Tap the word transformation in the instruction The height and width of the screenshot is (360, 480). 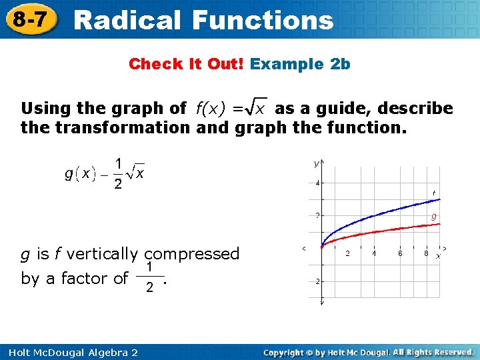click(x=125, y=127)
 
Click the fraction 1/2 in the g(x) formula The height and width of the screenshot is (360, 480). click(x=118, y=173)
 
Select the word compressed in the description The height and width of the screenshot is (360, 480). click(x=192, y=254)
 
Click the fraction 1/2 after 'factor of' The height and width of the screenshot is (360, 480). click(x=151, y=277)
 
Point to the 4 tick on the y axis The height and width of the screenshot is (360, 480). click(x=318, y=183)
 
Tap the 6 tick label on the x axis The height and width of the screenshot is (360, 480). click(x=400, y=253)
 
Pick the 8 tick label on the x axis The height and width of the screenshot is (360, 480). click(x=426, y=253)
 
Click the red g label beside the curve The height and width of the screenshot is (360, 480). click(x=433, y=216)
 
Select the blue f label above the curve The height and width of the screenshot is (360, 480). click(x=434, y=193)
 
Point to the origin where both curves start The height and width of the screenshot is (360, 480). click(x=322, y=246)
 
